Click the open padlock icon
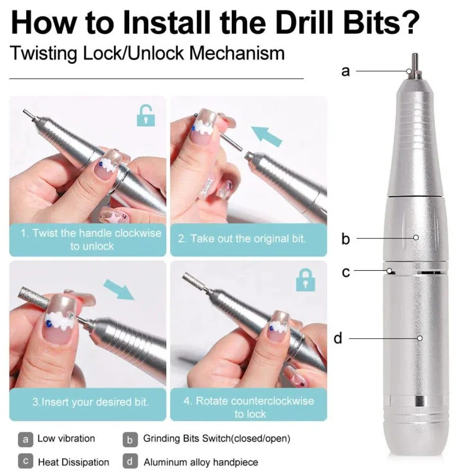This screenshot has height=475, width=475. pyautogui.click(x=146, y=116)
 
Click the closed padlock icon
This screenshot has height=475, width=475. pyautogui.click(x=305, y=280)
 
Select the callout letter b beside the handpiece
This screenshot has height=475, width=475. pyautogui.click(x=346, y=239)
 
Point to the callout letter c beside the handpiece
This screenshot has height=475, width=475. pyautogui.click(x=346, y=272)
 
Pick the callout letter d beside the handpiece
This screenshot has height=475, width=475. pyautogui.click(x=338, y=338)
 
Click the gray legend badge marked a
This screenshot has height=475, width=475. pyautogui.click(x=26, y=439)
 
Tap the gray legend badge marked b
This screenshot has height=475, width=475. pyautogui.click(x=130, y=439)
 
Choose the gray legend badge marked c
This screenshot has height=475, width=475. pyautogui.click(x=26, y=461)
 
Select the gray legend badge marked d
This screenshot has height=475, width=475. pyautogui.click(x=130, y=461)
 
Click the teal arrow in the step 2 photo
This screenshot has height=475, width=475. pyautogui.click(x=266, y=136)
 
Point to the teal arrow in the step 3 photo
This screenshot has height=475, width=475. pyautogui.click(x=119, y=289)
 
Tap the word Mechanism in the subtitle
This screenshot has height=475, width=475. pyautogui.click(x=237, y=53)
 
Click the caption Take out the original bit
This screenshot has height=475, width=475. pyautogui.click(x=242, y=239)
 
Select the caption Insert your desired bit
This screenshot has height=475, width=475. pyautogui.click(x=91, y=402)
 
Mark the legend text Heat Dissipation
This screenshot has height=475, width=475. pyautogui.click(x=74, y=462)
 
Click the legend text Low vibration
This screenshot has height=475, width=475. pyautogui.click(x=66, y=438)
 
